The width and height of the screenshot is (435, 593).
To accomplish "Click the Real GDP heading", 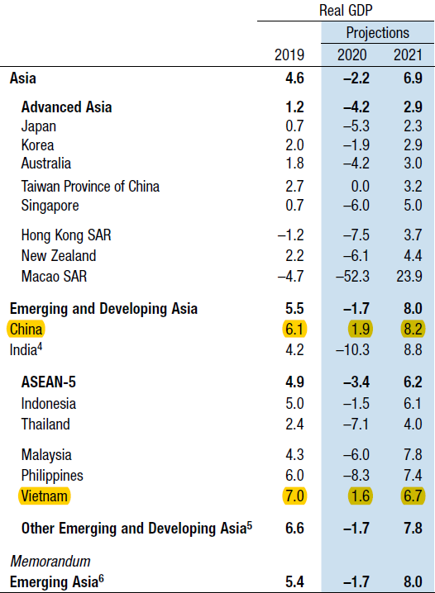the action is pos(346,10).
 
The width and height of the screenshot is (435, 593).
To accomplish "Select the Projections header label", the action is pos(377,33).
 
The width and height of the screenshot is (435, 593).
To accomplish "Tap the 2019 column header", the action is pos(289,55).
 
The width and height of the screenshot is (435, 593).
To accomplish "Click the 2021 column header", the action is pos(408,55).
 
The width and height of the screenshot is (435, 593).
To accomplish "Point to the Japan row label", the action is pos(39,126).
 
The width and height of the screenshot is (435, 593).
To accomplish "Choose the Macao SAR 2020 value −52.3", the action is pos(352,276).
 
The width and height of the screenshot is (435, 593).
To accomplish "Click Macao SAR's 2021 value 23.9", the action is pos(409,276).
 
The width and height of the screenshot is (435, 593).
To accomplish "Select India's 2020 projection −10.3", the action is pos(352,349).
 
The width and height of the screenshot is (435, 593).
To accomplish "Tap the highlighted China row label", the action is pos(26,329).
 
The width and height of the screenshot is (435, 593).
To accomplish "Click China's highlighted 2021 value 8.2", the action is pos(413,329).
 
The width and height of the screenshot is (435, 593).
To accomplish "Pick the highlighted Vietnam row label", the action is pos(45,496).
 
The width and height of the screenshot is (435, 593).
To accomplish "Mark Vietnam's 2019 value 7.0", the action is pos(294,496).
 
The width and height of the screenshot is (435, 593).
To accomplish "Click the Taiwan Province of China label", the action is pos(90,187).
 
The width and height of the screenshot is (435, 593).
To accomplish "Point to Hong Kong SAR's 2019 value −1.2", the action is pos(290,235).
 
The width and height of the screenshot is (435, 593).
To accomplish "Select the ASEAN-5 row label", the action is pos(49,382).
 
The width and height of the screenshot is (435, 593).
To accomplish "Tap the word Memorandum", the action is pos(50,562).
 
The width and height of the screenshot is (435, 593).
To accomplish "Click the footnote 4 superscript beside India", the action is pos(40,346).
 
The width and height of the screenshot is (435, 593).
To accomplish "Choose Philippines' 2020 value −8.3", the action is pos(356,476).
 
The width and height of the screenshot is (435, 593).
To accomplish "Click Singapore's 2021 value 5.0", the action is pos(413,206).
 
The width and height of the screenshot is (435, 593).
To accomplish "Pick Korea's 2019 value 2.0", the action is pos(294,145).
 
